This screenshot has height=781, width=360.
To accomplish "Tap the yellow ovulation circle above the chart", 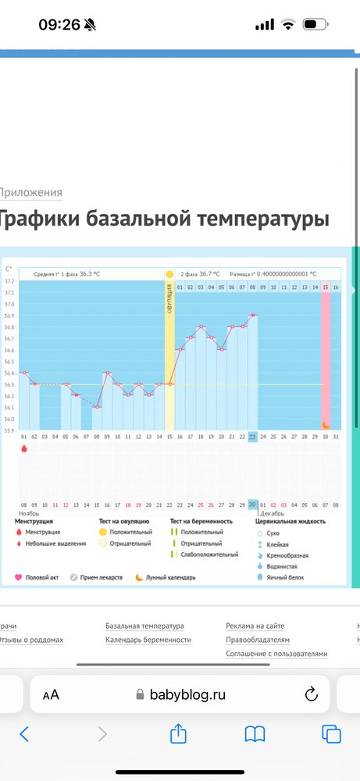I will [x=169, y=275].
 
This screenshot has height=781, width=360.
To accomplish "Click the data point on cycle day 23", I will [x=252, y=315].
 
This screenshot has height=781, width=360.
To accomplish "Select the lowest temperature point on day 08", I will [x=97, y=407].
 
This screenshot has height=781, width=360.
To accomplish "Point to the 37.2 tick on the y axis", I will [x=9, y=281].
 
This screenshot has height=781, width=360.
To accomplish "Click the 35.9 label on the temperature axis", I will [x=9, y=430].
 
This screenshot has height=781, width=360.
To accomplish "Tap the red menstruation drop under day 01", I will [x=23, y=449].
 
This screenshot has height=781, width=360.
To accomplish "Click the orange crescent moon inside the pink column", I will [x=326, y=425].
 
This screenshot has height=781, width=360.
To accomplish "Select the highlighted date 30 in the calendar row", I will [x=252, y=505].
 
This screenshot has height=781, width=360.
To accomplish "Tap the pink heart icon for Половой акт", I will [x=19, y=578].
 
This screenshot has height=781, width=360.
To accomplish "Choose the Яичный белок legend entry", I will [x=285, y=577].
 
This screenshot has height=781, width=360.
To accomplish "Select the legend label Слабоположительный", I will [x=209, y=555].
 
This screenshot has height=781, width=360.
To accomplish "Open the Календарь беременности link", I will [x=148, y=640].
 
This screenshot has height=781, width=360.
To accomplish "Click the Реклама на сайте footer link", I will [x=255, y=626].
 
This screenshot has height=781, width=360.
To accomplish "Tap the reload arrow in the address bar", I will [x=310, y=694].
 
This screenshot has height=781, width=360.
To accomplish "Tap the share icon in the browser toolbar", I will [x=178, y=734].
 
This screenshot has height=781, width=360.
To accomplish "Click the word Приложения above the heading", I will [x=30, y=192].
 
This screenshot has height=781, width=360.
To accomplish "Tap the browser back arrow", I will [x=24, y=734].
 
